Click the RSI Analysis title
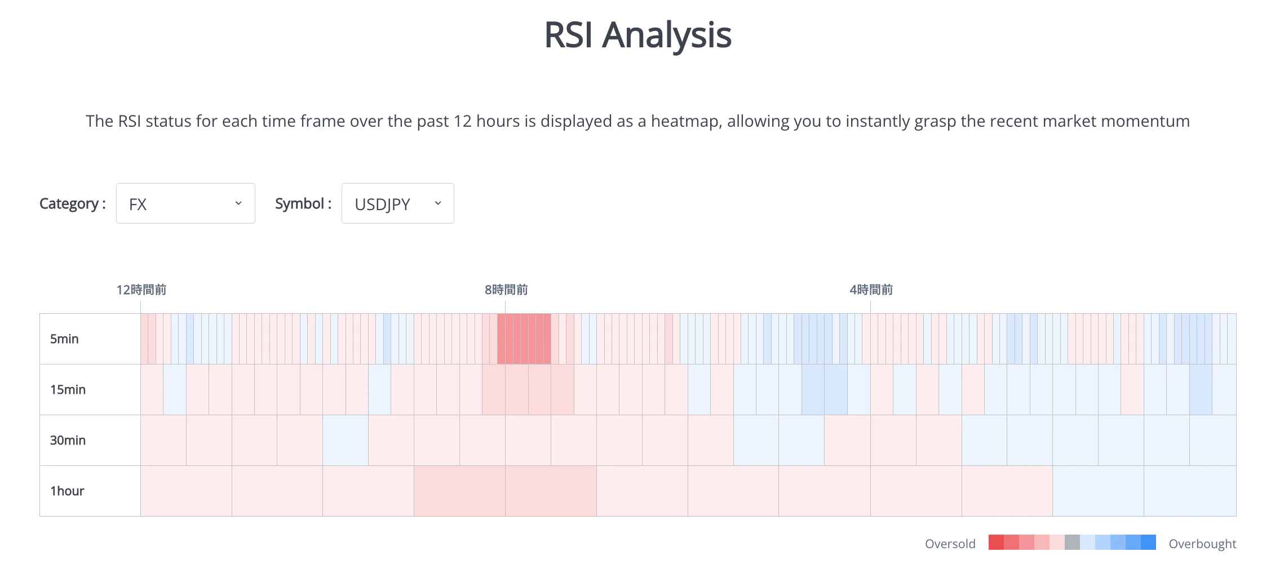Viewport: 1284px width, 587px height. coord(637,35)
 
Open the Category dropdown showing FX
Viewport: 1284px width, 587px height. coord(185,203)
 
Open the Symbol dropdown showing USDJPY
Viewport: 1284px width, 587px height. coord(397,203)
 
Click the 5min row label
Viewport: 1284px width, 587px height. coord(64,339)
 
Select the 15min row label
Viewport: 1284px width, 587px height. coord(68,389)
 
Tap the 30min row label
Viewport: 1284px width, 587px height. coord(68,440)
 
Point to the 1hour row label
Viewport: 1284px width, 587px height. coord(67,491)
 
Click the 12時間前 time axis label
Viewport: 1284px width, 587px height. coord(141,290)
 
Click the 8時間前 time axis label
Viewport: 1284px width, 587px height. coord(506,290)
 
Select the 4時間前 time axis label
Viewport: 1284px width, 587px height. coord(871,290)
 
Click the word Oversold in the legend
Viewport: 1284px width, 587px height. coord(950,544)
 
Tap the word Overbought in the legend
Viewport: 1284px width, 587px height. coord(1202,544)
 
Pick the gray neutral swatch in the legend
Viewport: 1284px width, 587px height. coord(1072,542)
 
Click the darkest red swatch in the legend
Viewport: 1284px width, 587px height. coord(996,542)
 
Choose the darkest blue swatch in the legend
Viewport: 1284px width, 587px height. coord(1148,542)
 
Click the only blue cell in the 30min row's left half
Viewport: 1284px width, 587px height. coord(346,440)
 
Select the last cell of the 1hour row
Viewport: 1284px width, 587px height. coord(1190,491)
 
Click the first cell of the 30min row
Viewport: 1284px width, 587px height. coord(163,440)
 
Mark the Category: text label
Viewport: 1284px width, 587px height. coord(72,203)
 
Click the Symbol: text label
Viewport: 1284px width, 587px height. coord(303,203)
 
